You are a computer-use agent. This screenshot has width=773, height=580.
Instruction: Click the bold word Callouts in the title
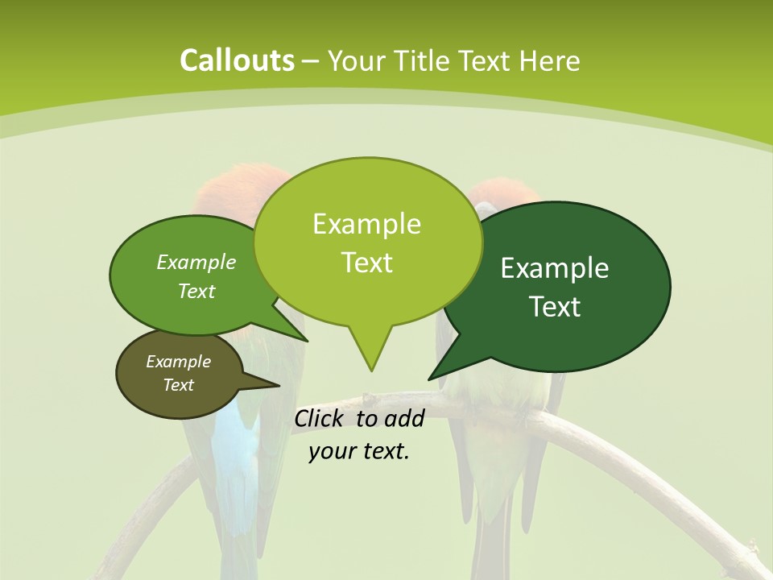[x=237, y=60]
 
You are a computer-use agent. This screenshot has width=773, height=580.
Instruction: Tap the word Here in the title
[x=550, y=61]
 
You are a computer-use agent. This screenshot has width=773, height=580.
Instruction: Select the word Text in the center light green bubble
[x=366, y=263]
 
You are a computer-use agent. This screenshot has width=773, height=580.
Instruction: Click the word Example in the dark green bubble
[x=555, y=267]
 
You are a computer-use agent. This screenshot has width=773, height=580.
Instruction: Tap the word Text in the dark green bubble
[x=555, y=307]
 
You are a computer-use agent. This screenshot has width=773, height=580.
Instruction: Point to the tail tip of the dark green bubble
[x=430, y=378]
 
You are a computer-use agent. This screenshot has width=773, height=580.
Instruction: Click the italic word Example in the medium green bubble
[x=196, y=262]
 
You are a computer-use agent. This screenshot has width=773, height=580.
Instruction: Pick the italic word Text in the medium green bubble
[x=196, y=291]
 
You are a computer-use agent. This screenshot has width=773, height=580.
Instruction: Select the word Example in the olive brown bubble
[x=178, y=362]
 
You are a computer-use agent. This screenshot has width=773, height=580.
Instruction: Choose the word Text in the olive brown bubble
[x=178, y=385]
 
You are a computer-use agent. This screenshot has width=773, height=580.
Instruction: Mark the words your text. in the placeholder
[x=359, y=451]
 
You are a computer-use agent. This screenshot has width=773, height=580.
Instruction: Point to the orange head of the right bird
[x=506, y=193]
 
